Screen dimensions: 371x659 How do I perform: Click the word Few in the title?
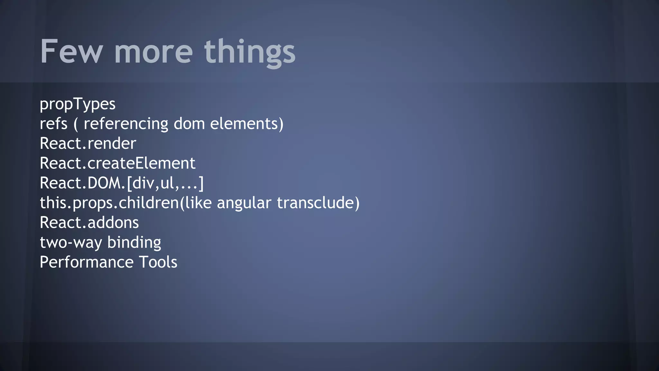[71, 52]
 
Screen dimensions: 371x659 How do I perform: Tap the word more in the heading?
[153, 52]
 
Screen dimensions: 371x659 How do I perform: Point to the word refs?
[53, 124]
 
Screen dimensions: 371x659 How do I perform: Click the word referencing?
[126, 124]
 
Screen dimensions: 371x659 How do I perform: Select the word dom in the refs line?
[189, 124]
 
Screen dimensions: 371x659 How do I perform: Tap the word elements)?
[247, 124]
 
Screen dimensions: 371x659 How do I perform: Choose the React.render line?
[88, 144]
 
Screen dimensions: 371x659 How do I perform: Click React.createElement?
[117, 163]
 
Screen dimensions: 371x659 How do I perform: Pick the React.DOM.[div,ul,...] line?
[122, 183]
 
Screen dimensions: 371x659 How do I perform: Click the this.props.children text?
[109, 203]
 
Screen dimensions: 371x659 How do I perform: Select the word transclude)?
[318, 203]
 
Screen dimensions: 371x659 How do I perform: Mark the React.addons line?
[89, 223]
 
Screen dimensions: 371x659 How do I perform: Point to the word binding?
[134, 243]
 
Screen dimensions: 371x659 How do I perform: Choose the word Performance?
[86, 262]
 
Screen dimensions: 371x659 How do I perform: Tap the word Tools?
[158, 262]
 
